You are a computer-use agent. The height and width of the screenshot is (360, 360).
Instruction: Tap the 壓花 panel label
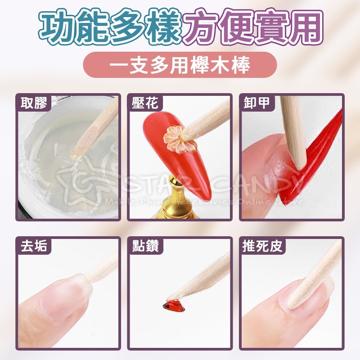pos(145,103)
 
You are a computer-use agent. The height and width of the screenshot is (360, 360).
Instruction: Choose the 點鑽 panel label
pos(145,247)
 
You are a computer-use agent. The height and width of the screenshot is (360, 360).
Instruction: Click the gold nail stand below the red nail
pos(180,202)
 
